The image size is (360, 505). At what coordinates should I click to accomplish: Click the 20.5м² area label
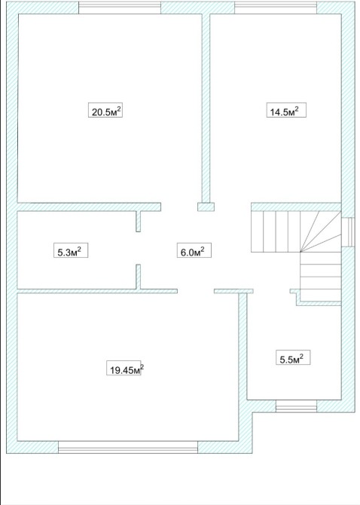105,110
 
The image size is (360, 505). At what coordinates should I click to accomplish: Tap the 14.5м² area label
286,110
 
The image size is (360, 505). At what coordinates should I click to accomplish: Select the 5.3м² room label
71,250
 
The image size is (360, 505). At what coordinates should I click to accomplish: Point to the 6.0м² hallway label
194,250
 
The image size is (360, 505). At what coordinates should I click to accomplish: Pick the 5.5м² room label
293,357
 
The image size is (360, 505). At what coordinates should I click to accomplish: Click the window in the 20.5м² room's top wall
120,8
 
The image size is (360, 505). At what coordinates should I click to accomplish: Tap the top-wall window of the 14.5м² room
276,8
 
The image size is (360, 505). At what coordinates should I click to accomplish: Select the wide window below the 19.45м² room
128,447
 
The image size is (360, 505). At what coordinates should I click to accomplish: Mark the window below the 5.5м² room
296,406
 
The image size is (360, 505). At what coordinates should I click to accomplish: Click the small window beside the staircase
348,232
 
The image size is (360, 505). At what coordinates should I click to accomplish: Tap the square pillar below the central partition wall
206,207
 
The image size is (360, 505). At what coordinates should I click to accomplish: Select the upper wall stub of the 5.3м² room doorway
139,222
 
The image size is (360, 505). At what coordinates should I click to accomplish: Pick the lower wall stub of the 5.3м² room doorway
139,277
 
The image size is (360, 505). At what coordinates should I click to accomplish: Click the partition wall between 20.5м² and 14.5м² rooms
206,109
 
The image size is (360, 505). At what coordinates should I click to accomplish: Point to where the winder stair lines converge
301,252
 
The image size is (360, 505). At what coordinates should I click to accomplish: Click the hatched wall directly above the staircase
296,207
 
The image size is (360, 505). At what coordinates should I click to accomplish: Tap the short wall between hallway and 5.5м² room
233,291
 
